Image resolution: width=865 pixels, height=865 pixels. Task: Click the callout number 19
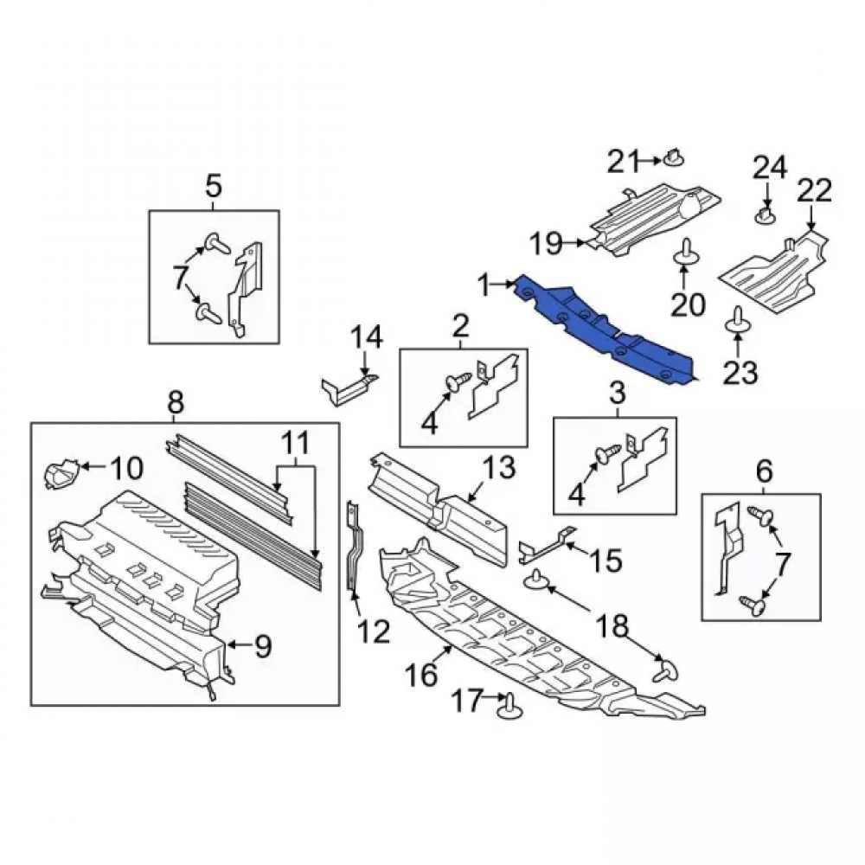[546, 243]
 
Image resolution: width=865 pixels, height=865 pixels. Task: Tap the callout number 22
[815, 191]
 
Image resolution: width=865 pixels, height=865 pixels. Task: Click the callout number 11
[295, 443]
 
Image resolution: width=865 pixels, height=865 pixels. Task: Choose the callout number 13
[499, 467]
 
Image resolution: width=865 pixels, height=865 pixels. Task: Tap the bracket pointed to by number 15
[546, 546]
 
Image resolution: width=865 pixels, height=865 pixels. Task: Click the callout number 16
[423, 674]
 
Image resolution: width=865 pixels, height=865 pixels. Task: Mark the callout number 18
[612, 626]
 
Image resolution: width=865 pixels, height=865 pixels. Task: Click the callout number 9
[263, 646]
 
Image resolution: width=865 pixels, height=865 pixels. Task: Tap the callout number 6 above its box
[764, 471]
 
